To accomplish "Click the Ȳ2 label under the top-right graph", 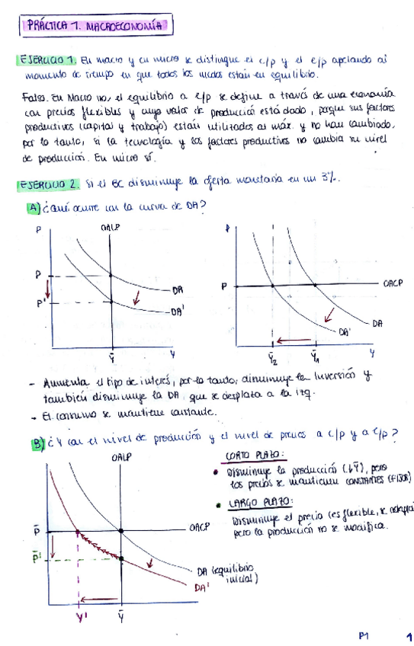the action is pyautogui.click(x=273, y=357).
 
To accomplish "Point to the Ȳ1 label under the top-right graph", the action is pyautogui.click(x=314, y=355).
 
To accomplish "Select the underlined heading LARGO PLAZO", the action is pyautogui.click(x=252, y=503).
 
